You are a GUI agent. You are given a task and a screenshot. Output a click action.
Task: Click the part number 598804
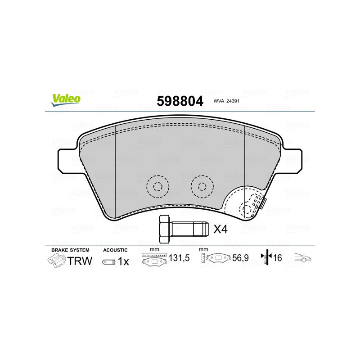180,101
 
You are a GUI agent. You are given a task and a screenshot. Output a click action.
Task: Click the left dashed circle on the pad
157,186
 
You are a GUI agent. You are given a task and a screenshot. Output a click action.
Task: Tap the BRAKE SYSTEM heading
70,250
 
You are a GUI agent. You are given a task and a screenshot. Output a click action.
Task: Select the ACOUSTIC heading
115,250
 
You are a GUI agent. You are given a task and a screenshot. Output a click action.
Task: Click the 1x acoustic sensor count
123,261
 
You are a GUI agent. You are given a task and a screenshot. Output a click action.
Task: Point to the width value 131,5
178,259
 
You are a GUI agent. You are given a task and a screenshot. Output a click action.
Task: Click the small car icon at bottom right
303,259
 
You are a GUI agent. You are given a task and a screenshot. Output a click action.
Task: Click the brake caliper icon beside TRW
56,260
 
